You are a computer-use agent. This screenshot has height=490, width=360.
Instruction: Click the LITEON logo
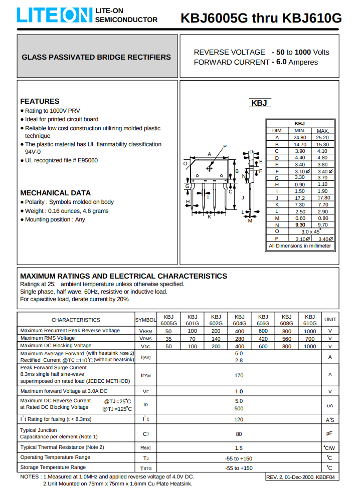(x=54, y=15)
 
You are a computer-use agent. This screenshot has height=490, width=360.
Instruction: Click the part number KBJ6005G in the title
(x=214, y=19)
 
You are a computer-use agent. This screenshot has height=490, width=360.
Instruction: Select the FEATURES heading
(x=40, y=101)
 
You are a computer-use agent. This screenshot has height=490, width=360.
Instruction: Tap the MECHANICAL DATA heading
(x=55, y=193)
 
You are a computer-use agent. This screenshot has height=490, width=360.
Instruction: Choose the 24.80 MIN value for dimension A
(x=299, y=137)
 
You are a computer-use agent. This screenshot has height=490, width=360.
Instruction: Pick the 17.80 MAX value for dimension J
(x=323, y=198)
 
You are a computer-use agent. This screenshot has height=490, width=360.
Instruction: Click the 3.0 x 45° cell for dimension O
(x=311, y=231)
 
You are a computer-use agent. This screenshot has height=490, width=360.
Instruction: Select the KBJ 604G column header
(x=239, y=320)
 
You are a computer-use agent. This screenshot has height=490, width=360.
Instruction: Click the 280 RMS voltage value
(x=239, y=338)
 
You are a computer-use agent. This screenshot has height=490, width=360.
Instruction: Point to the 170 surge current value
(x=239, y=375)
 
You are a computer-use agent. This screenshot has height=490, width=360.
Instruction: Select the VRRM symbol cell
(x=145, y=331)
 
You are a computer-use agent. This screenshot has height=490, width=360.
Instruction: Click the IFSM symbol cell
(x=145, y=375)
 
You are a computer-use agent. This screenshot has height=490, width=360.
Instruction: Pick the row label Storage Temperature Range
(x=53, y=467)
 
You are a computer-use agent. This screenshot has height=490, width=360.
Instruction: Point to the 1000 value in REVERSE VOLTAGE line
(x=302, y=52)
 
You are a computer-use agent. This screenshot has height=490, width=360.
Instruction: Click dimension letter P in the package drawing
(x=225, y=146)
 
